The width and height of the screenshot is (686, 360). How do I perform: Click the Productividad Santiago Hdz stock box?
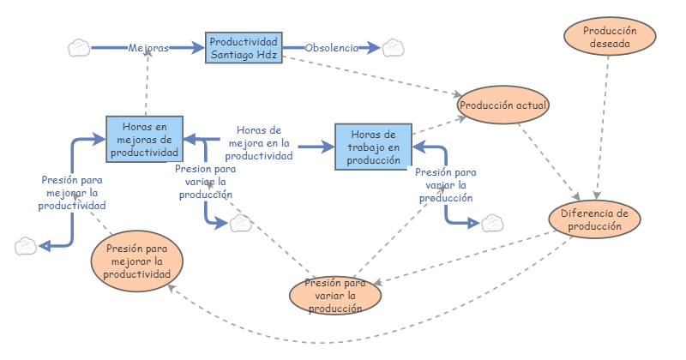pos(244,48)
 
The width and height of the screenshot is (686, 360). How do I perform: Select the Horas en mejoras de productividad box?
pos(144,139)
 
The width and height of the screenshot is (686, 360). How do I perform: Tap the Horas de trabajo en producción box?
pos(373,147)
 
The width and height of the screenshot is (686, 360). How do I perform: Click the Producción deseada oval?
pos(610,37)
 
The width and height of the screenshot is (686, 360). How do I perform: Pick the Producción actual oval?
pos(503,105)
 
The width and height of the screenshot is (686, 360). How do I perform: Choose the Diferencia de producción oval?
pos(594,219)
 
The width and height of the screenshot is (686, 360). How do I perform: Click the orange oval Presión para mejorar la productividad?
pos(137,261)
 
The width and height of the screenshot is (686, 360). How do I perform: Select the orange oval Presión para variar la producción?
pos(335,296)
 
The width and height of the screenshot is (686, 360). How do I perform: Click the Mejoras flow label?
pos(148,48)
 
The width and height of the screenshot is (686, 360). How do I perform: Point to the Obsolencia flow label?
pos(332,48)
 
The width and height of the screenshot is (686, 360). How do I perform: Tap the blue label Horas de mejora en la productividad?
pos(259,143)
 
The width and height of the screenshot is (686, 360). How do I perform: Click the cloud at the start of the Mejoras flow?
pos(79,48)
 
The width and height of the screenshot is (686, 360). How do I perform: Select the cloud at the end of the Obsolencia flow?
pos(394,48)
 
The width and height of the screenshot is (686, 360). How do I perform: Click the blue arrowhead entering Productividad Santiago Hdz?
pos(197,48)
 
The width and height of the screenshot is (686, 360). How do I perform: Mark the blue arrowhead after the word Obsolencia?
pos(373,48)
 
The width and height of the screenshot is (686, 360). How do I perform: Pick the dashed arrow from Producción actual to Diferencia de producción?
pos(549,162)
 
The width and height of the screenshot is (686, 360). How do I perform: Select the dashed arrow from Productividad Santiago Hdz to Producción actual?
pos(372,75)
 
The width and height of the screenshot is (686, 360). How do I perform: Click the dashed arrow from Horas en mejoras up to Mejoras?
pos(147,82)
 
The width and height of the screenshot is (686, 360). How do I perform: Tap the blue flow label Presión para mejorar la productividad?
pos(72,193)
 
